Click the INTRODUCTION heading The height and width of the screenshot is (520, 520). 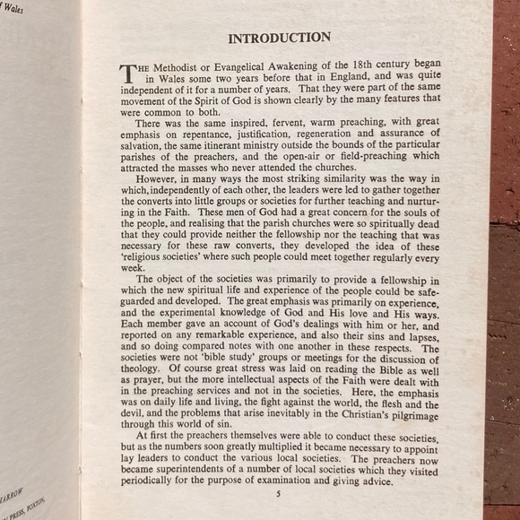[x=279, y=38]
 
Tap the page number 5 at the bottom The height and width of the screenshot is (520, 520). [x=278, y=493]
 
